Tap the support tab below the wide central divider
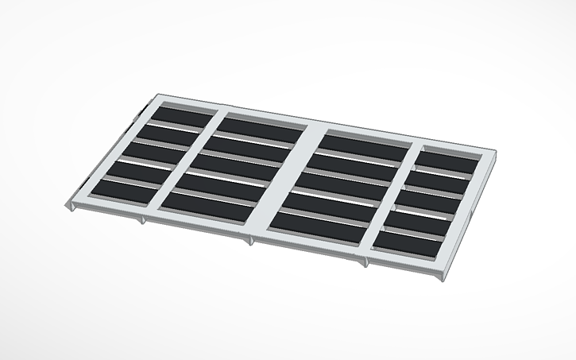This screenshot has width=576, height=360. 251,239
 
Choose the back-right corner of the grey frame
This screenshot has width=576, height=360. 497,154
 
